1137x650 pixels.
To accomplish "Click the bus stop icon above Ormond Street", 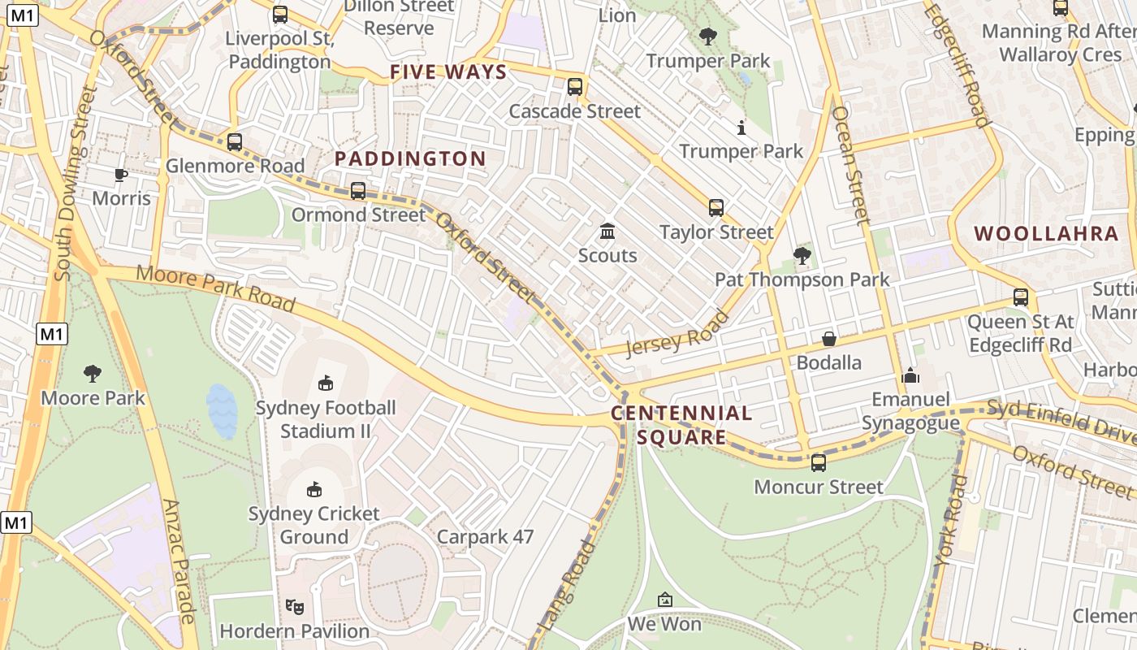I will click(x=358, y=191).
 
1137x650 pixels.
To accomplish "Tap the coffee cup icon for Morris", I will click(x=121, y=175).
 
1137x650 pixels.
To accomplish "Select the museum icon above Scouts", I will click(x=607, y=232).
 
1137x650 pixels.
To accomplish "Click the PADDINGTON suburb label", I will click(x=410, y=158).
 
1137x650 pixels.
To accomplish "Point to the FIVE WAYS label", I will click(x=448, y=72).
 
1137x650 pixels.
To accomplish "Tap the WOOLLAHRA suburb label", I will click(x=1046, y=234).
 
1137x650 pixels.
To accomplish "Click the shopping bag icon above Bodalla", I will click(x=829, y=338).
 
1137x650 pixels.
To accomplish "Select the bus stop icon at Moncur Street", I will click(x=819, y=463).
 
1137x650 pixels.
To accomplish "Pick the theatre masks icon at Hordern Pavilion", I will click(x=295, y=606).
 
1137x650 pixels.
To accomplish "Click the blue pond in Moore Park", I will click(x=222, y=410).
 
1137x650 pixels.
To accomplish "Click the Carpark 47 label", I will click(x=485, y=537).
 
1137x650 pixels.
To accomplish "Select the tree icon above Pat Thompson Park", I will click(x=802, y=256).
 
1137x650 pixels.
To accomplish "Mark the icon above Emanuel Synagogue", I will click(x=910, y=375).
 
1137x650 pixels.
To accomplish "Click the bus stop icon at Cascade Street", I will click(x=575, y=87).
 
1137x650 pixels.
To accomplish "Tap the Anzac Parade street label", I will click(x=180, y=561).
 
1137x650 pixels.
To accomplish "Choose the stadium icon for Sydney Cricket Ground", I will click(x=314, y=489).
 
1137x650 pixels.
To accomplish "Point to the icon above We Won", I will click(x=665, y=600).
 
